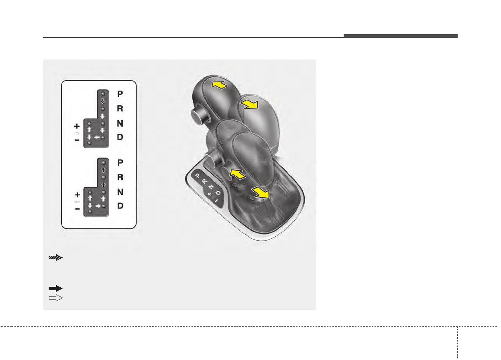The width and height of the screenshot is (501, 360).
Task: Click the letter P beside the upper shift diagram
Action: [120, 94]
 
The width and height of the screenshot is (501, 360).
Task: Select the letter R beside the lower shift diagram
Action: [120, 177]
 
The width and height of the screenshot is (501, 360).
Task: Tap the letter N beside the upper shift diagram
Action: [120, 123]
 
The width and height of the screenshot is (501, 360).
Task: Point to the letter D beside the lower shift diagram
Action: [120, 206]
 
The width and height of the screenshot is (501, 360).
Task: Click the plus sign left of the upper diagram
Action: [77, 126]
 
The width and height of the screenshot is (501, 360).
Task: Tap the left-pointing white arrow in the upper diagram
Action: [97, 137]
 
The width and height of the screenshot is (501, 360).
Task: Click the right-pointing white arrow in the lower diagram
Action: [97, 206]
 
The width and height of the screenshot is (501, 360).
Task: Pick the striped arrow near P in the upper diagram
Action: [103, 101]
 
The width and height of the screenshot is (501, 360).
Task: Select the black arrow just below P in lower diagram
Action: [103, 170]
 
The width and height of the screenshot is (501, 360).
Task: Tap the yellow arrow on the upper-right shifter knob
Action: [249, 105]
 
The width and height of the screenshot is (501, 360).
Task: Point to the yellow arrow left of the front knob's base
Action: [237, 174]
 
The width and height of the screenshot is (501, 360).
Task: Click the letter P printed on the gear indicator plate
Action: [197, 176]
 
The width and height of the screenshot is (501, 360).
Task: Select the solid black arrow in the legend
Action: [56, 288]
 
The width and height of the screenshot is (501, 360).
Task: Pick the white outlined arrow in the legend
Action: [56, 298]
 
